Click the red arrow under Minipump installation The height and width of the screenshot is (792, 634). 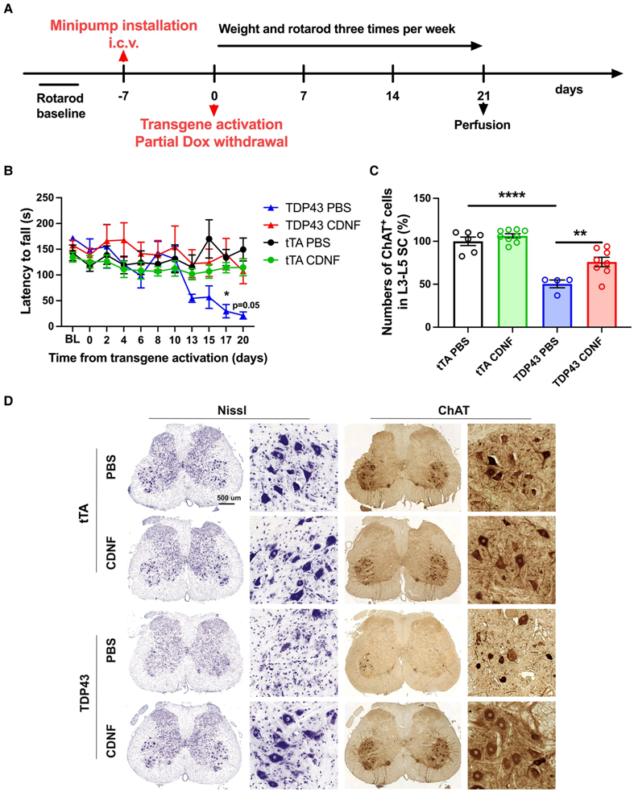pyautogui.click(x=122, y=56)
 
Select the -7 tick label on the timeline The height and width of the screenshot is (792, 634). pyautogui.click(x=122, y=94)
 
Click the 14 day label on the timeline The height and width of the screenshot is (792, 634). pyautogui.click(x=392, y=94)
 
